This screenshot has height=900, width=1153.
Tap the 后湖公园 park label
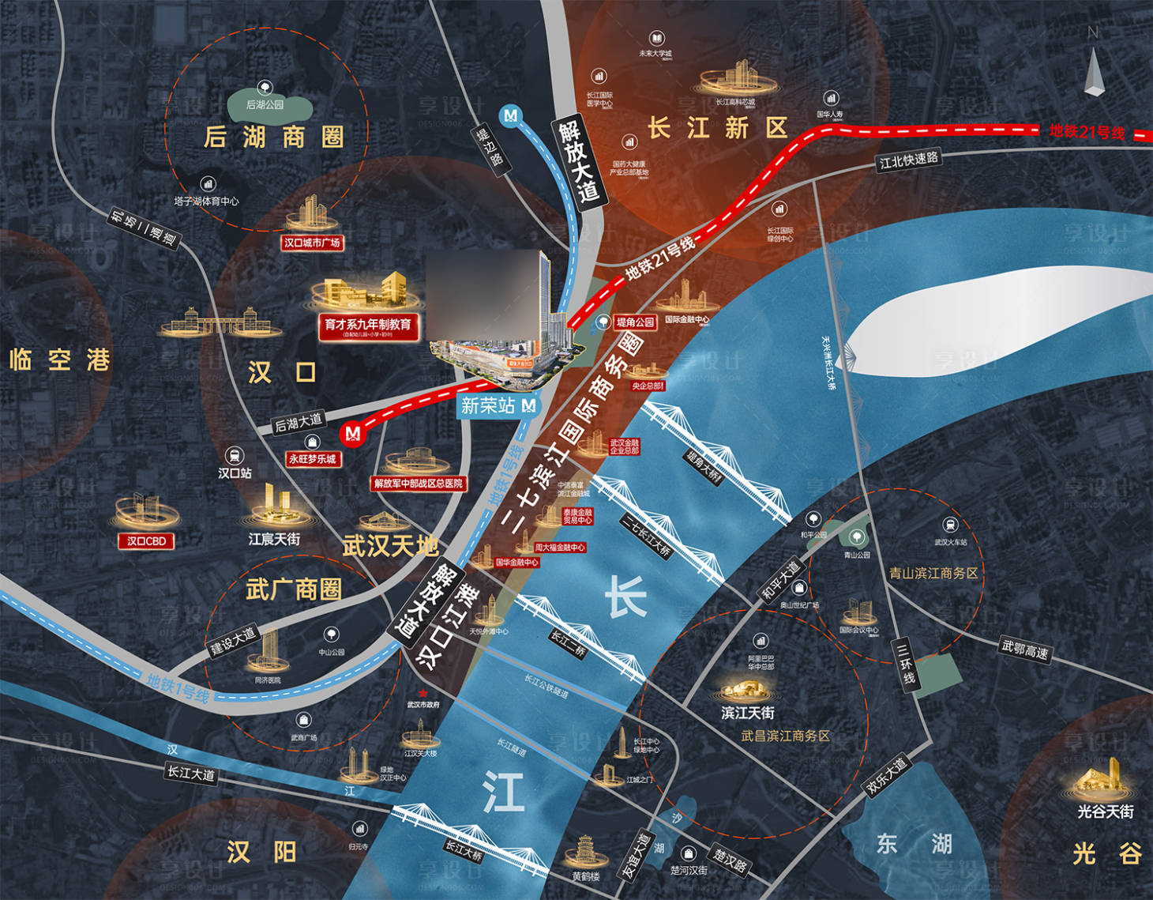pos(265,104)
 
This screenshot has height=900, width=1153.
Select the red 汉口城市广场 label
pos(312,243)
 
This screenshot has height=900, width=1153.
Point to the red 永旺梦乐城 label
pos(312,458)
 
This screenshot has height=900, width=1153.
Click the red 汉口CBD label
pos(146,541)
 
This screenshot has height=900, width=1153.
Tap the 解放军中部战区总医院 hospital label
pos(419,484)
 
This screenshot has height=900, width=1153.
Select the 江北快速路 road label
pos(909,160)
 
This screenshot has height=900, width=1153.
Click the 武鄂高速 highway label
pos(1025,650)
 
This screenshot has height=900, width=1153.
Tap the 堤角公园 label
pos(636,322)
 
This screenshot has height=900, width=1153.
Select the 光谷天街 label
pos(1106,812)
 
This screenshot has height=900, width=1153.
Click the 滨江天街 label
pos(748,713)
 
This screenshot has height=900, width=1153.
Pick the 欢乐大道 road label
pos(886,776)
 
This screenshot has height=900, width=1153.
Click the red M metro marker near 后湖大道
pos(352,433)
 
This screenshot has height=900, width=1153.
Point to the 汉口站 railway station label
pos(235,473)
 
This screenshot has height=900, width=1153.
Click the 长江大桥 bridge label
pos(464,851)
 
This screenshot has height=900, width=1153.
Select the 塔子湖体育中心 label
pos(206,201)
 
